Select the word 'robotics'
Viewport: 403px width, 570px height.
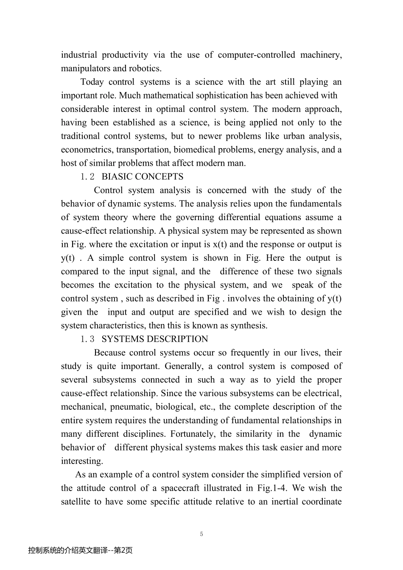146,68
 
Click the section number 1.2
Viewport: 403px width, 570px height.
87,177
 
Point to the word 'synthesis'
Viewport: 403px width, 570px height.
250,326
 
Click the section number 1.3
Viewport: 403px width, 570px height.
87,339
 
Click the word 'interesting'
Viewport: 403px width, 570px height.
81,461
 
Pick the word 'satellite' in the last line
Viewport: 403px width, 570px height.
76,502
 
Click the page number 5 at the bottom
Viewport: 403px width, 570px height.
201,534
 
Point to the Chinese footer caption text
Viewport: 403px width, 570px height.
80,550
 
